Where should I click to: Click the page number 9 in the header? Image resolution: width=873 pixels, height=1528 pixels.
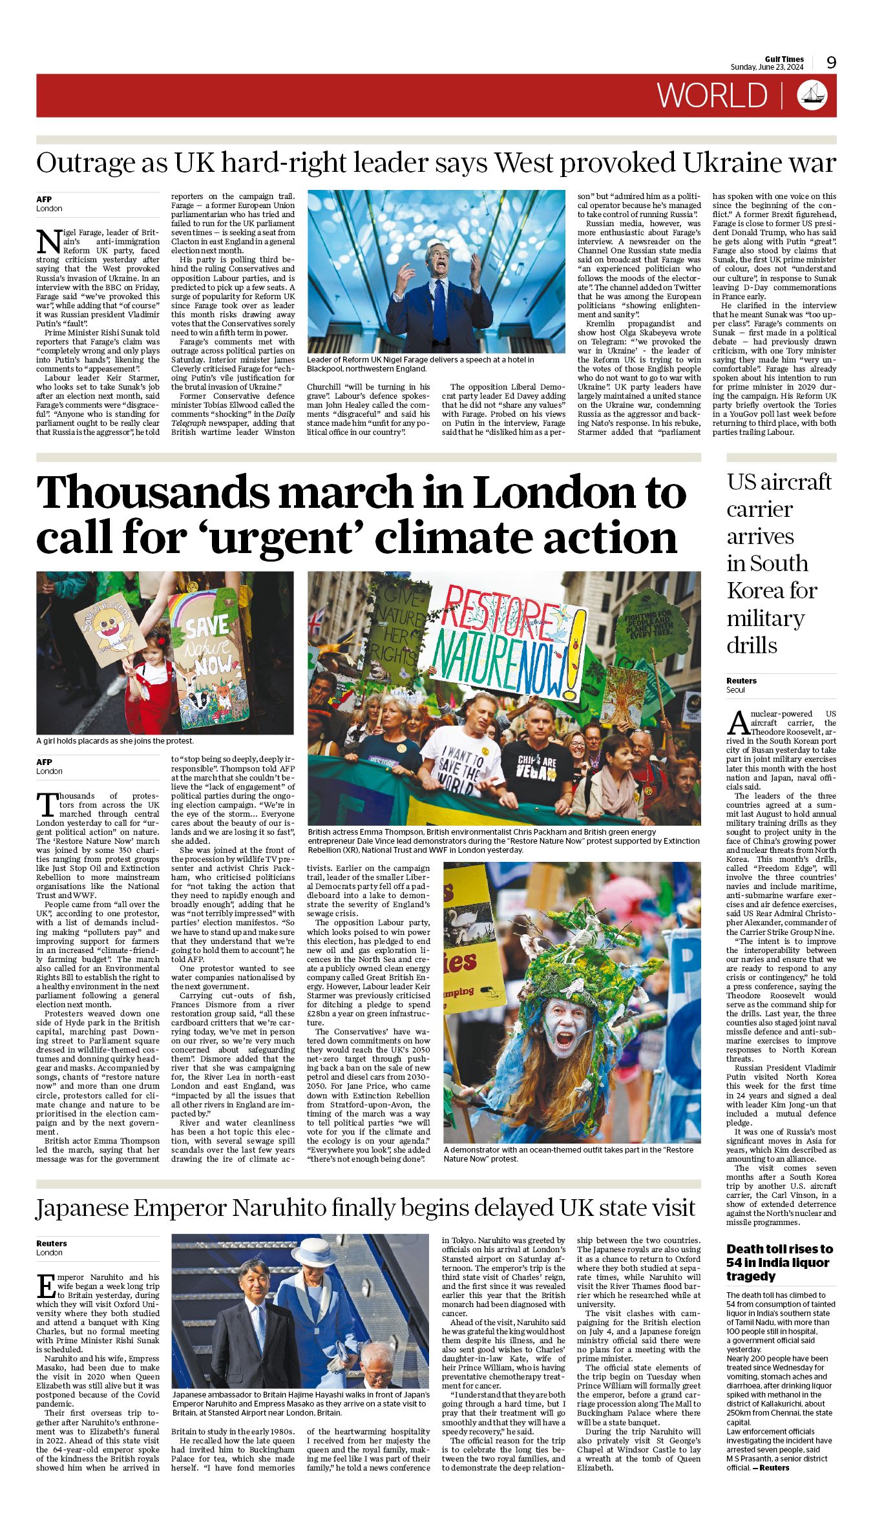(831, 63)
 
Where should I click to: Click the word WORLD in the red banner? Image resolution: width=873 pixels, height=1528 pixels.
(712, 96)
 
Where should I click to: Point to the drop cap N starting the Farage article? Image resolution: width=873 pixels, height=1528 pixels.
(48, 242)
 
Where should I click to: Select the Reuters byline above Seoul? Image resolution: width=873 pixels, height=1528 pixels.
(741, 680)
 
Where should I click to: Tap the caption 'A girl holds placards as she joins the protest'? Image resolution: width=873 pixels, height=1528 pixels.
(114, 741)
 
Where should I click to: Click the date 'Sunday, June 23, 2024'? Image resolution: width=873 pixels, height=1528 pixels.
(766, 67)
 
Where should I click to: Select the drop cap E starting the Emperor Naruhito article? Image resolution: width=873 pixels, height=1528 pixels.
(46, 1286)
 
